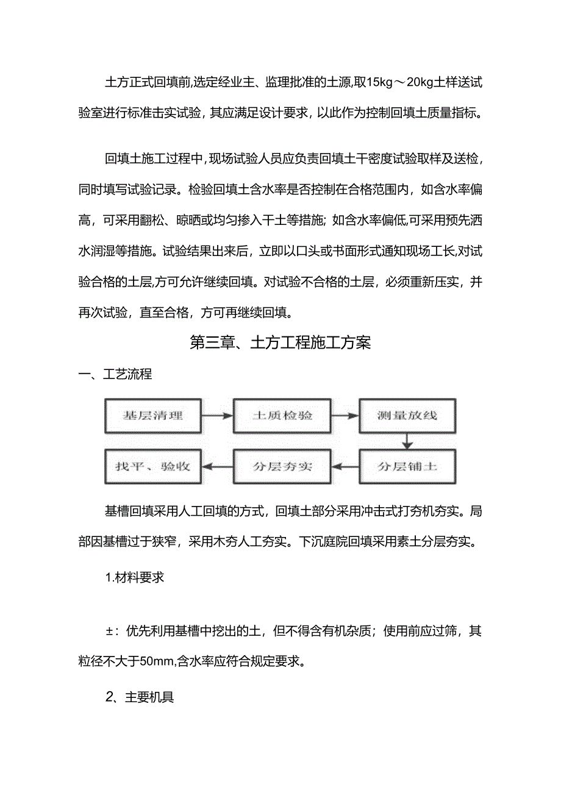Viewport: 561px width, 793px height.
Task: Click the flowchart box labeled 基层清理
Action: point(153,416)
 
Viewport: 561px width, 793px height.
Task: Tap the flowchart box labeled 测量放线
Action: point(407,416)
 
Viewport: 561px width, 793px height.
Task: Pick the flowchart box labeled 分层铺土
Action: point(407,467)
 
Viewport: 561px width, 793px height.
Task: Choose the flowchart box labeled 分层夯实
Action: point(282,467)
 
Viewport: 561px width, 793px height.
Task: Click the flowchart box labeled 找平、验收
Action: point(153,467)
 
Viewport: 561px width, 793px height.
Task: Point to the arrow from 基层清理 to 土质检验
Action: point(218,416)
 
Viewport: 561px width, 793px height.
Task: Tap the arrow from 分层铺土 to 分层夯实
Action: point(345,467)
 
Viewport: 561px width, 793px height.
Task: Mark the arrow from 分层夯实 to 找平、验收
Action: point(218,467)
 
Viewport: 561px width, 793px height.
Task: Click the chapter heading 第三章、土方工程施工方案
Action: point(280,343)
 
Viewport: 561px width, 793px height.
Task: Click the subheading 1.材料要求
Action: point(135,577)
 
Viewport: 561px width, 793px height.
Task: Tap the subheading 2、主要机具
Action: point(140,697)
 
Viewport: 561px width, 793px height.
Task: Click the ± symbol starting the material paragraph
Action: point(110,631)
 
